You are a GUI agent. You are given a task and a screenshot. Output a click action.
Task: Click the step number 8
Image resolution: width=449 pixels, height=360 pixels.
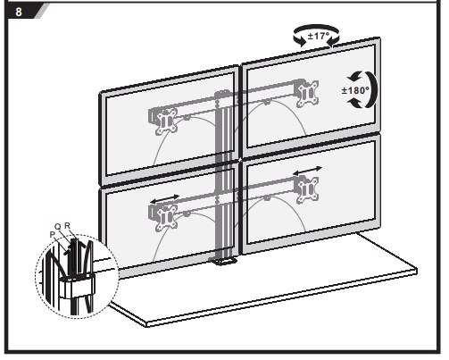pyautogui.click(x=19, y=12)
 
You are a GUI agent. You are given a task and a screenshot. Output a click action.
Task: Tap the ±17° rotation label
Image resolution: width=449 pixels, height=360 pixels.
pyautogui.click(x=319, y=36)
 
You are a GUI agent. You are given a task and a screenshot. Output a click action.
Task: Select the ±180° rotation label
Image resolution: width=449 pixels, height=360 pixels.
pyautogui.click(x=355, y=90)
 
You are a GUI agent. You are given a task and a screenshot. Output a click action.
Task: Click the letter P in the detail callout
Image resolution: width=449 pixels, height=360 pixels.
pyautogui.click(x=53, y=235)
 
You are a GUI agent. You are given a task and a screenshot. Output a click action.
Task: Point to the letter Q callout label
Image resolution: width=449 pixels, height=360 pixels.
pyautogui.click(x=58, y=227)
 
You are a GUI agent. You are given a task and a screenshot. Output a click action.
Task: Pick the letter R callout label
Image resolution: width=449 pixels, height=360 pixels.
pyautogui.click(x=68, y=226)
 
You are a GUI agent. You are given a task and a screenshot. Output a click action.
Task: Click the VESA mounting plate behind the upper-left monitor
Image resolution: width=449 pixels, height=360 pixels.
pyautogui.click(x=166, y=121)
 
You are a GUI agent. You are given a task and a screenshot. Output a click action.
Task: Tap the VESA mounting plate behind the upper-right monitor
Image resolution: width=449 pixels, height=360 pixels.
pyautogui.click(x=308, y=93)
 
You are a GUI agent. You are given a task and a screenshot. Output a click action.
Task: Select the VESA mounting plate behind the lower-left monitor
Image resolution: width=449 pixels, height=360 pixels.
pyautogui.click(x=166, y=217)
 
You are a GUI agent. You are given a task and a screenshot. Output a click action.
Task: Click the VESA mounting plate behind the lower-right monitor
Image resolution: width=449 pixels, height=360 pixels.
pyautogui.click(x=308, y=189)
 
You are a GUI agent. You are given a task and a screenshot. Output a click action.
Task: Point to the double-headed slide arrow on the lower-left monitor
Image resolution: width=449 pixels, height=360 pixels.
pyautogui.click(x=164, y=198)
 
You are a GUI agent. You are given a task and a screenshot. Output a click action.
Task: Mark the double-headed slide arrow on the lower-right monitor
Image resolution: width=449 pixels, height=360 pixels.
pyautogui.click(x=307, y=171)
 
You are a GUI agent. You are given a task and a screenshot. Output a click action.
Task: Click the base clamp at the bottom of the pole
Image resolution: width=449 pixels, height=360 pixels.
pyautogui.click(x=222, y=261)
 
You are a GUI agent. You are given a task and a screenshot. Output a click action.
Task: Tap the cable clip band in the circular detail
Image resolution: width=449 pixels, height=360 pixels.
pyautogui.click(x=77, y=285)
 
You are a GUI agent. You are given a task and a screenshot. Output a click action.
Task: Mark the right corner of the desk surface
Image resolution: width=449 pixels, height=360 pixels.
pyautogui.click(x=417, y=271)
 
